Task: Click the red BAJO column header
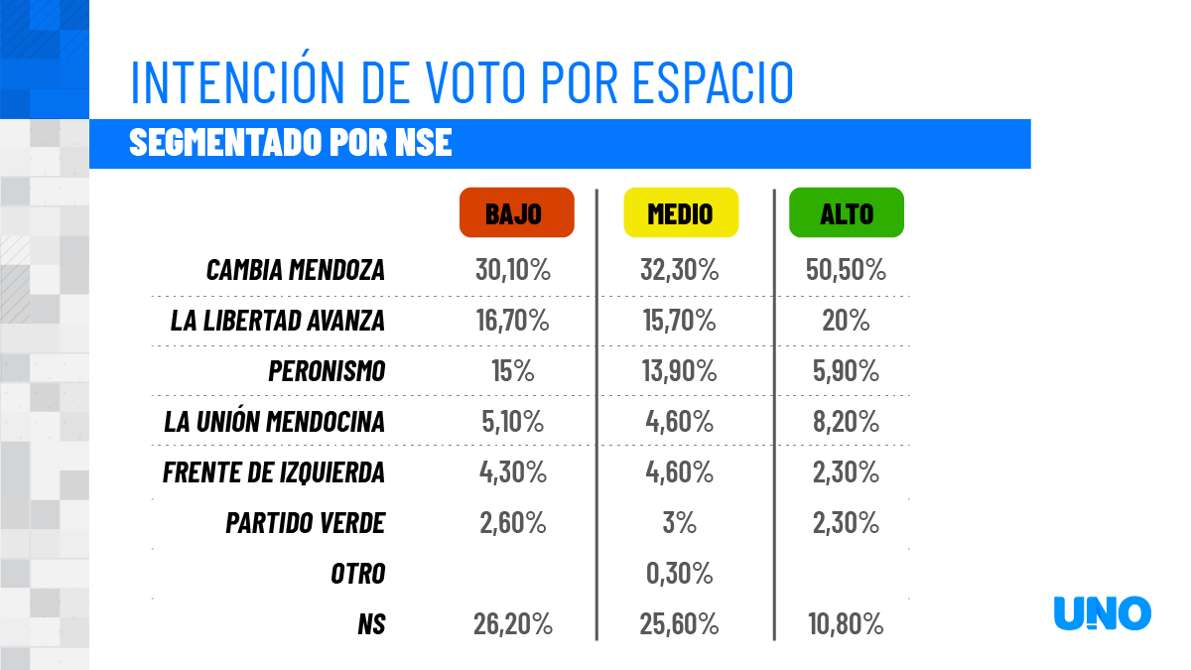tap(516, 212)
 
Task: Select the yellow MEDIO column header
tap(680, 212)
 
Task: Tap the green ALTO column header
tap(846, 212)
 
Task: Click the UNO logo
tap(1102, 613)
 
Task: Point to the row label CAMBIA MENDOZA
tap(295, 270)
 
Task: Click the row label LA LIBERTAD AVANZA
tap(277, 321)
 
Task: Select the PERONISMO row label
tap(327, 371)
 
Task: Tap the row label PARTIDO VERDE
tap(305, 522)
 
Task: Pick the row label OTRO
tap(357, 573)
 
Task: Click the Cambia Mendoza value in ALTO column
tap(846, 270)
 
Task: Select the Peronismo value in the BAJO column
tap(512, 371)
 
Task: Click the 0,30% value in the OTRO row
tap(680, 573)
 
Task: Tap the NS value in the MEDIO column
tap(680, 624)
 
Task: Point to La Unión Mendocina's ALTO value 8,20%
tap(846, 422)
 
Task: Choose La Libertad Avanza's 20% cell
tap(846, 321)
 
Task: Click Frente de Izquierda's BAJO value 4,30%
tap(512, 472)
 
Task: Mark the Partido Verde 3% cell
tap(680, 522)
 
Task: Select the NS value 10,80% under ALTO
tap(846, 624)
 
